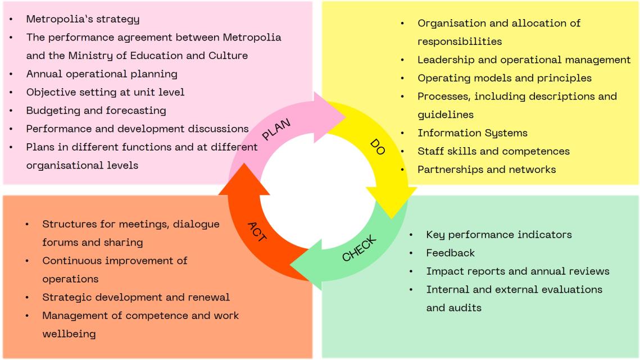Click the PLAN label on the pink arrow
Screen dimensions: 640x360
(x=276, y=129)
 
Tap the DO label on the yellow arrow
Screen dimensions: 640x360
(x=378, y=147)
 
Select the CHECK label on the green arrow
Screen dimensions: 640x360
(x=359, y=248)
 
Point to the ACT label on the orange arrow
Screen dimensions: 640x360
(x=257, y=232)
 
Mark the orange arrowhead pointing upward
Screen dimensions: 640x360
(x=244, y=180)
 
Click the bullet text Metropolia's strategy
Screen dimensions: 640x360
(x=83, y=19)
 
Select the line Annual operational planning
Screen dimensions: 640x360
(x=102, y=74)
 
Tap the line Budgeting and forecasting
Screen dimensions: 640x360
(x=96, y=111)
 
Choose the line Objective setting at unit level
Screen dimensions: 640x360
(x=105, y=92)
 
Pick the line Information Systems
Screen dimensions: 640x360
(x=472, y=133)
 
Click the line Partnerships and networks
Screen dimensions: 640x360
(x=487, y=170)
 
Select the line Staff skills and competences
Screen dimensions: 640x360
(x=493, y=152)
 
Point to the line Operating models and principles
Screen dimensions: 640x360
(x=505, y=78)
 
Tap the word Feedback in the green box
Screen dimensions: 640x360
(x=450, y=253)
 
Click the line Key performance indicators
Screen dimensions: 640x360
(x=499, y=235)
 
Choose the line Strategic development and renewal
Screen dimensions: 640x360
(x=136, y=297)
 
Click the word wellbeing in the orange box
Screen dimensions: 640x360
(x=69, y=334)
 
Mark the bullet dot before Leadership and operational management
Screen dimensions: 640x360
(x=402, y=60)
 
